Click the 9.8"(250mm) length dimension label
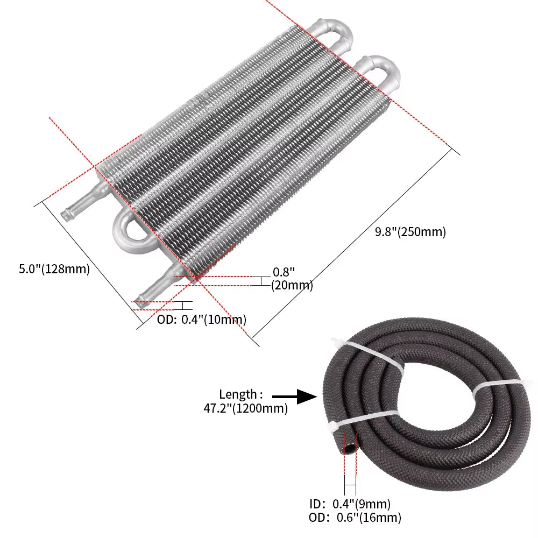tap(410, 232)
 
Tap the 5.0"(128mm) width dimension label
tap(54, 269)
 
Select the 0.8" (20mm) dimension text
tap(291, 279)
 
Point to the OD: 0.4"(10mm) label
tap(202, 320)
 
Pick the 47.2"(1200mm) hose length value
tap(245, 408)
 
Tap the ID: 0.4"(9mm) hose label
tap(350, 504)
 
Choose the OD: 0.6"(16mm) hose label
tap(355, 518)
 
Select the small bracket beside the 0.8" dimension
tap(260, 281)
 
